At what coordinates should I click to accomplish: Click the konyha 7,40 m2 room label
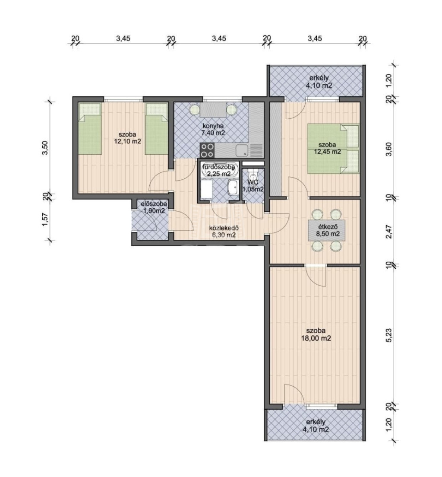pos(213,129)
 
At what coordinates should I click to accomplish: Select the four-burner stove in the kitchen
pos(207,150)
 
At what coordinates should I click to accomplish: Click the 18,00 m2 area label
pos(316,338)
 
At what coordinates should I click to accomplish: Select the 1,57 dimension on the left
pos(45,219)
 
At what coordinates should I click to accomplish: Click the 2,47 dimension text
pos(389,231)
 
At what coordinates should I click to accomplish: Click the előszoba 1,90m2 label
pos(153,207)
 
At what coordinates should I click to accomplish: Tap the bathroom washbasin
pos(233,188)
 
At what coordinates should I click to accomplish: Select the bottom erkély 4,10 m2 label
pos(316,426)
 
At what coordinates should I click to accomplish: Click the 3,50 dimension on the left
pos(45,148)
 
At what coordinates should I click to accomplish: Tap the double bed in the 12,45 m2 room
pos(334,149)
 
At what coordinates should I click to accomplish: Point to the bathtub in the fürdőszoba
pos(219,170)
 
